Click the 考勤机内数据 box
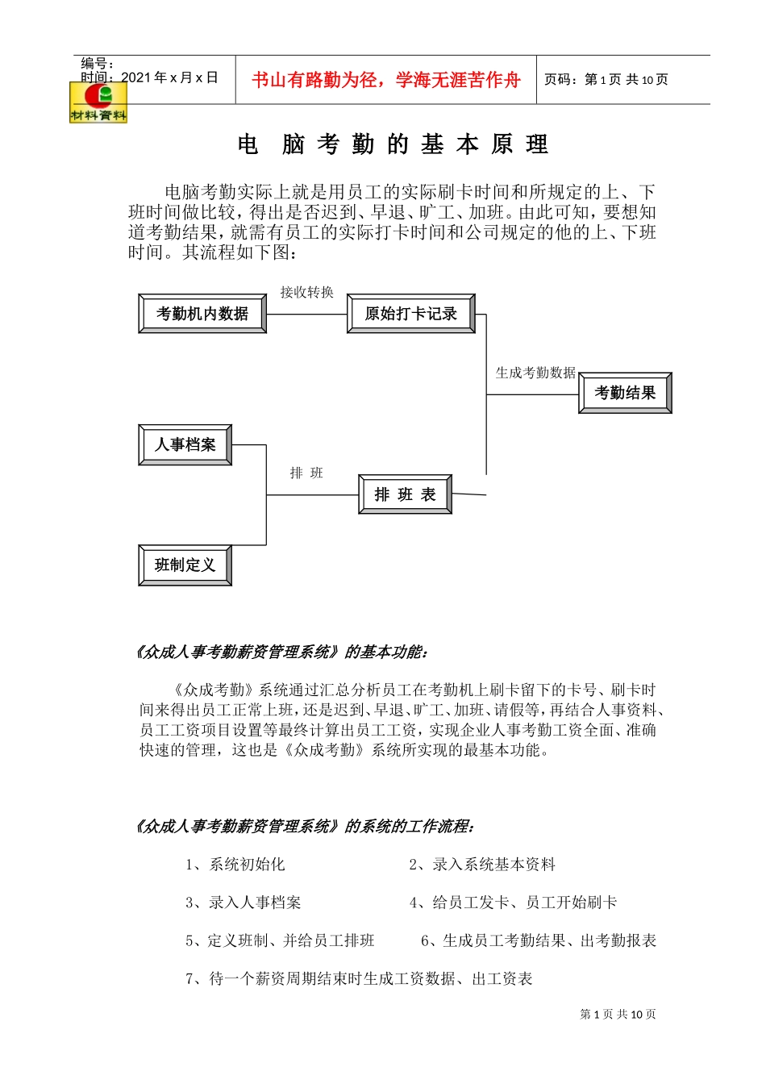[202, 314]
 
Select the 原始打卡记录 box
[410, 314]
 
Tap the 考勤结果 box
[625, 393]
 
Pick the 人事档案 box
[185, 444]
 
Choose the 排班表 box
[405, 494]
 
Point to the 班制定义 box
[185, 565]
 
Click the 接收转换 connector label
[306, 292]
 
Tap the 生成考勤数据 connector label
[535, 373]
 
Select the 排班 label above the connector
[306, 473]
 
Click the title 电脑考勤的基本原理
[393, 144]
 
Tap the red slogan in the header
[385, 80]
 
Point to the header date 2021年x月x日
[169, 77]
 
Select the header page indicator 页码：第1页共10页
[606, 79]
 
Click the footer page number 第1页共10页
[618, 1014]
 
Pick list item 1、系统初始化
[235, 865]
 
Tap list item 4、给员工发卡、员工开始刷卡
[513, 903]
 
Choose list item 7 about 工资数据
[359, 978]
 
